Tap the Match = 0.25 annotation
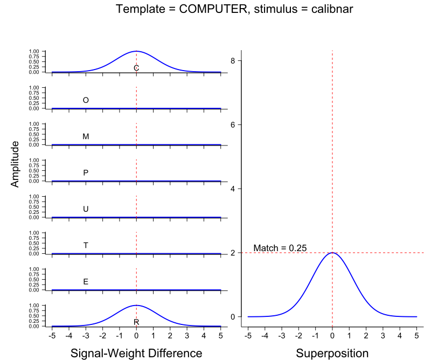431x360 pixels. click(x=280, y=248)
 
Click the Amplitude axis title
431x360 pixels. click(x=15, y=164)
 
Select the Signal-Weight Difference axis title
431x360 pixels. click(x=136, y=354)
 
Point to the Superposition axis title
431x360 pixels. click(x=332, y=354)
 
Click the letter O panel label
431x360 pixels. click(x=86, y=100)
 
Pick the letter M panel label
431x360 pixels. click(x=86, y=136)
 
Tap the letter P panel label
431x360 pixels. click(x=86, y=173)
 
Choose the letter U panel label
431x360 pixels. click(x=86, y=209)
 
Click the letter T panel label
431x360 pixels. click(x=86, y=245)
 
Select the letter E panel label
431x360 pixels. click(x=86, y=281)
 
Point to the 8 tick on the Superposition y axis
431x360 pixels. click(x=233, y=61)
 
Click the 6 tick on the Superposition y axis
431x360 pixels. click(x=233, y=124)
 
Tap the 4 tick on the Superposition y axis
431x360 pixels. click(x=233, y=189)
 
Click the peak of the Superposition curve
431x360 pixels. click(x=332, y=253)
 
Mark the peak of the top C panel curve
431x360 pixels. click(x=136, y=51)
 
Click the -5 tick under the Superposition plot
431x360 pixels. click(x=248, y=335)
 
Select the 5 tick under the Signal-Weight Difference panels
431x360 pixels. click(x=220, y=335)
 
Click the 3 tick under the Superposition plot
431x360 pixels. click(x=383, y=335)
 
